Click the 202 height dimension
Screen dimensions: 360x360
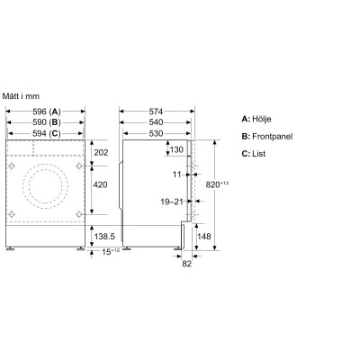point(101,153)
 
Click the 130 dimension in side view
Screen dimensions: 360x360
point(176,149)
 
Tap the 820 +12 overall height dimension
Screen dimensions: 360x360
point(233,185)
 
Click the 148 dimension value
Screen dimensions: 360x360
point(205,238)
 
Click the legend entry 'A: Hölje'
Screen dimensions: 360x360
point(259,119)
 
